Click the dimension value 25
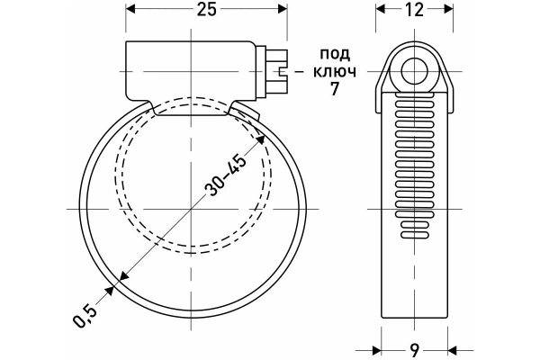[207, 10]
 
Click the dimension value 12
[414, 10]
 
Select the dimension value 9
[415, 351]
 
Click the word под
[335, 54]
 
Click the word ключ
[335, 72]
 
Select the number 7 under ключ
[335, 89]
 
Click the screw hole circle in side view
[415, 72]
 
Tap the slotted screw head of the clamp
[277, 72]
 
